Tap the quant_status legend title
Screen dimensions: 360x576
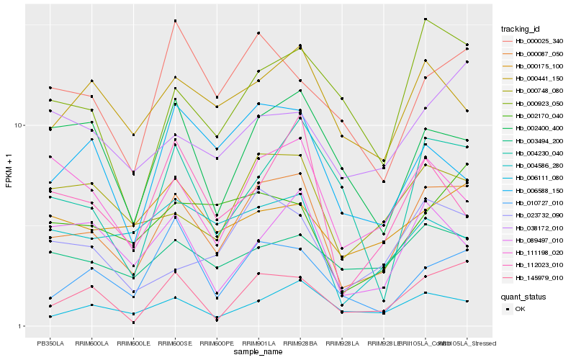click(x=523, y=296)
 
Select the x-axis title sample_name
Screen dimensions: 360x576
click(x=258, y=353)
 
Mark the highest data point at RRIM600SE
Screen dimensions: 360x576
click(x=175, y=21)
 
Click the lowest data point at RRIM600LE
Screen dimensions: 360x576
click(x=133, y=323)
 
